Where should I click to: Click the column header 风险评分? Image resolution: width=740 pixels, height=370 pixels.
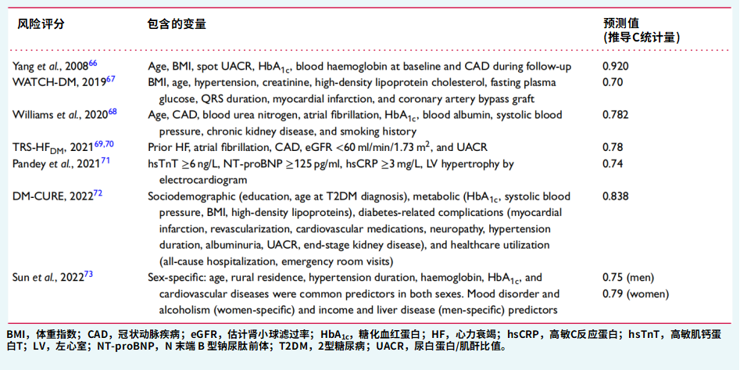(41, 23)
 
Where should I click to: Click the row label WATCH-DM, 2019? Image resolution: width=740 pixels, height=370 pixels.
(59, 81)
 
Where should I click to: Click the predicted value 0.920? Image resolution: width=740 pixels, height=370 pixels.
(616, 66)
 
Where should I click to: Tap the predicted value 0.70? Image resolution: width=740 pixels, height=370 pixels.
(613, 81)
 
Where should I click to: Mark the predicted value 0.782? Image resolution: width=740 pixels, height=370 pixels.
(616, 114)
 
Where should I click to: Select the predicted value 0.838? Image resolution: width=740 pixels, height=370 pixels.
(616, 196)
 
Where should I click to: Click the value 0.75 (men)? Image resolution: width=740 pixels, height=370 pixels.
(628, 278)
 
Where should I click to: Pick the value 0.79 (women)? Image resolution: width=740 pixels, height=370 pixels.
(636, 294)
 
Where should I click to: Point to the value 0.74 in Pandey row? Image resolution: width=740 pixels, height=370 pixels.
(613, 163)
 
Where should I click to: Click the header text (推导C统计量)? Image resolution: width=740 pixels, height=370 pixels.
(641, 37)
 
